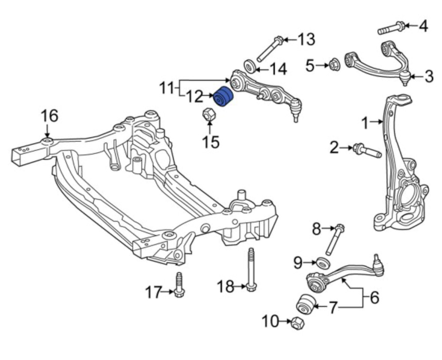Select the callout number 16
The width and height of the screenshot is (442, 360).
[50, 116]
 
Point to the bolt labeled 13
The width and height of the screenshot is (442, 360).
[270, 49]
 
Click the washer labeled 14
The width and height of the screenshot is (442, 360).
[250, 66]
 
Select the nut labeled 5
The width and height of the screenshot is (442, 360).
[334, 65]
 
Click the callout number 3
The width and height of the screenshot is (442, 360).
[429, 76]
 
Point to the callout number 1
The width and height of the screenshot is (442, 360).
[366, 123]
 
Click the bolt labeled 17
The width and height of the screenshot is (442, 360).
[179, 284]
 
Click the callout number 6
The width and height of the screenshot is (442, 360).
[374, 297]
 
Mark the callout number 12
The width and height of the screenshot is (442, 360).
[194, 97]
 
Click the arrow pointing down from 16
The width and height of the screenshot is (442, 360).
[47, 132]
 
